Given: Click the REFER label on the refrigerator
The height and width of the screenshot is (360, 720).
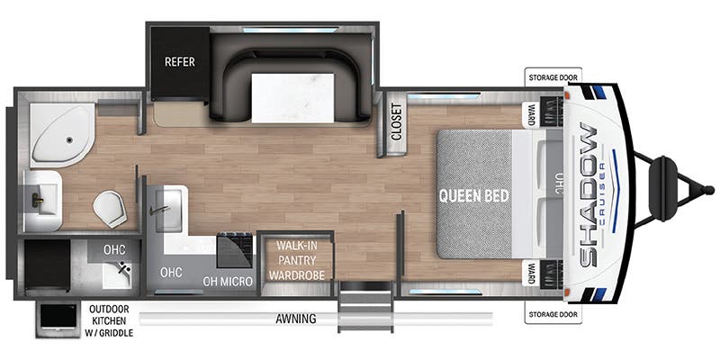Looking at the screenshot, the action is [x=179, y=62].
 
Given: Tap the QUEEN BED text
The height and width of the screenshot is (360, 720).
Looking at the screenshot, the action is [x=474, y=196].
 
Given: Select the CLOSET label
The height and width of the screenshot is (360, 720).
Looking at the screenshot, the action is [x=396, y=121].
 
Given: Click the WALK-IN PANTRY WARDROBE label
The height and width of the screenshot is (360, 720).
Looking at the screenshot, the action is [x=297, y=260].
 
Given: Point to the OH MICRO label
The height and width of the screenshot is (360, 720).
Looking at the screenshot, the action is [x=228, y=282].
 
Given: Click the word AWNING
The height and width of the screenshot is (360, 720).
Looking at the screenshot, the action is [x=296, y=319].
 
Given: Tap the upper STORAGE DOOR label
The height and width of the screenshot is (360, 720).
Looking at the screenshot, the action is [x=553, y=77].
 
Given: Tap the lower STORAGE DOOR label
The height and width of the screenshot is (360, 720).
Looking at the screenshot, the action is [x=553, y=314].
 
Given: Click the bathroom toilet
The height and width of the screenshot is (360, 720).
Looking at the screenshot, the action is [x=110, y=210].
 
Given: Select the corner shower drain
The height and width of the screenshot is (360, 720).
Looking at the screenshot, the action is [x=69, y=140].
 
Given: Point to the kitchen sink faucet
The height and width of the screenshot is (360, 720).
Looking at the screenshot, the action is [x=159, y=210].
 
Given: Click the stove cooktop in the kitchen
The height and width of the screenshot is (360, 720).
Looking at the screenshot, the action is [x=234, y=250].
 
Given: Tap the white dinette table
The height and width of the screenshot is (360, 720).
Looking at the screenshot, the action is [x=293, y=98].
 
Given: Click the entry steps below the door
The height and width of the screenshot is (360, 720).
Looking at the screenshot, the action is [x=366, y=306].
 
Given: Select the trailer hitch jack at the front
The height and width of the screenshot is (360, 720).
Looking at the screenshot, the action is [x=664, y=189].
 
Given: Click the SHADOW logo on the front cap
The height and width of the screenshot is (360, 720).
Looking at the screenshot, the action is [x=589, y=194].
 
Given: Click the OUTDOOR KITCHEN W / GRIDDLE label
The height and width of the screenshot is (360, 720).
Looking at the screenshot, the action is [x=109, y=321].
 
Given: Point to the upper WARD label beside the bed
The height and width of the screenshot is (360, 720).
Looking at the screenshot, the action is [x=531, y=112].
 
